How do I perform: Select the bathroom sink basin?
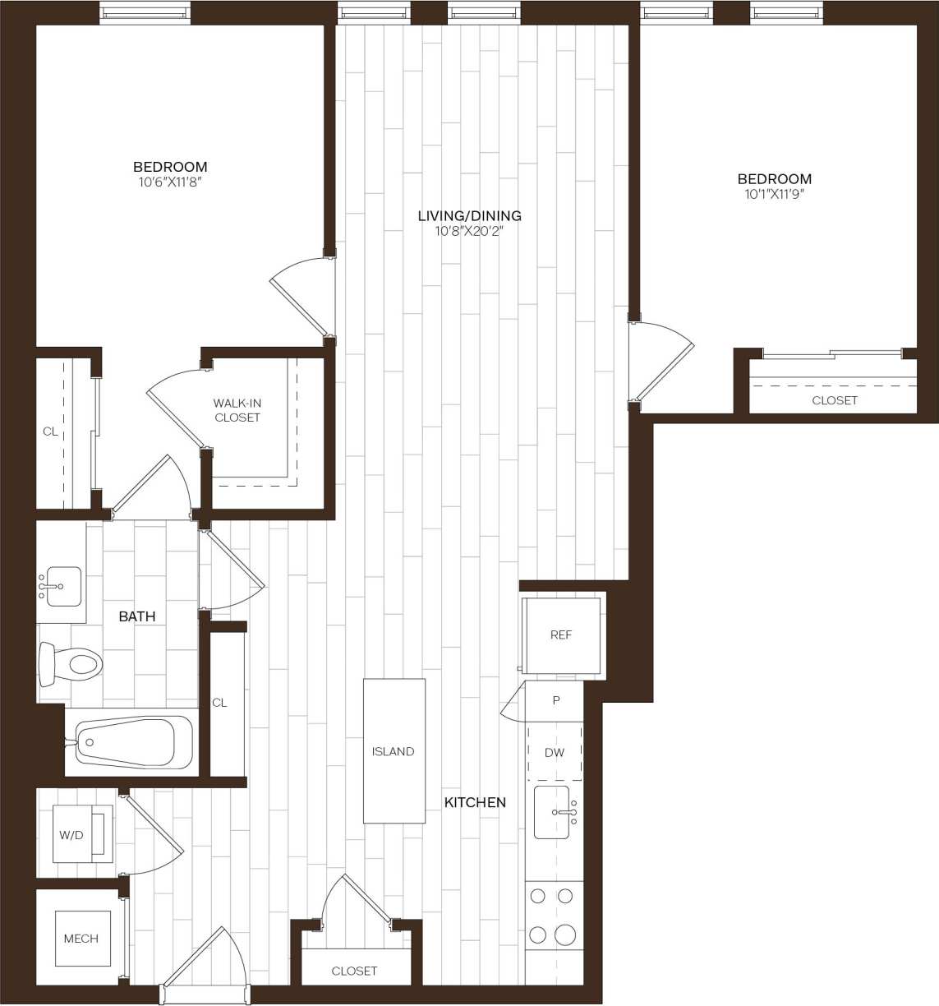63,586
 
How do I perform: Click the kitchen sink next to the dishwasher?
552,812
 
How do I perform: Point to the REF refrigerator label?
561,635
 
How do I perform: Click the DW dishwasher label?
555,753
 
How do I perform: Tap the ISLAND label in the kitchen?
393,751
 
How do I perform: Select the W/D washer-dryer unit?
81,835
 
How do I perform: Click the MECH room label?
81,939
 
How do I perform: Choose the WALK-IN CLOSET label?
237,410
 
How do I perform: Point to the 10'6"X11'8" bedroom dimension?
170,182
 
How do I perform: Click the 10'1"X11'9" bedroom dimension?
774,195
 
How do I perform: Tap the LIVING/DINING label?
469,215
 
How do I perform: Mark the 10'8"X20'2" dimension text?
469,232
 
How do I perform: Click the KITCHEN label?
475,802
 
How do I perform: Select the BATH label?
136,616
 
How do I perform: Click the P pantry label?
556,701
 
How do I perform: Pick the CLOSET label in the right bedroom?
835,400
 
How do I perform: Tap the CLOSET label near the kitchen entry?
354,971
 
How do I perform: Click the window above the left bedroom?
145,12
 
